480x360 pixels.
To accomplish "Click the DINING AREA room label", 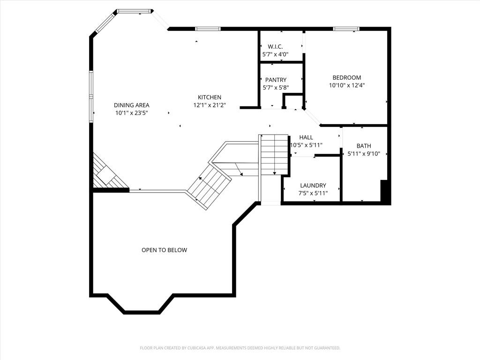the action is coord(132,105).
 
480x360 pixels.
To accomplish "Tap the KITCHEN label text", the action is coord(210,97).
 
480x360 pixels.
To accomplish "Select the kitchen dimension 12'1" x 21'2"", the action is coord(210,105).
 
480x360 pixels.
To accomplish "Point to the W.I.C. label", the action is coord(275,47).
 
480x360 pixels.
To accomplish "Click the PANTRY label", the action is coord(276,80).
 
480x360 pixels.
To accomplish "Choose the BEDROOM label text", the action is coord(347,77).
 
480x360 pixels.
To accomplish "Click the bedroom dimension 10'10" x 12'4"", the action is coord(347,85).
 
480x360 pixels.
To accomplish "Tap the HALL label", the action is coord(306,137).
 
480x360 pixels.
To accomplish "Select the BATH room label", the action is coord(364,146).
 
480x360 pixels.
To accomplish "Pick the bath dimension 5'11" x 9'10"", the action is coord(364,154).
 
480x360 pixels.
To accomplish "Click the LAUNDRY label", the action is coord(313,186).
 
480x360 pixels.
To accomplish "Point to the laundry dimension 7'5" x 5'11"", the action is coord(313,193).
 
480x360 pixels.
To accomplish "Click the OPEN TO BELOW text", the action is coord(164,250).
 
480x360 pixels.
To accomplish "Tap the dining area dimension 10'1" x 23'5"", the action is coord(132,113).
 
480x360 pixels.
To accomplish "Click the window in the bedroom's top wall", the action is coord(346,29).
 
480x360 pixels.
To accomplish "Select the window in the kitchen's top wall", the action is coord(208,29).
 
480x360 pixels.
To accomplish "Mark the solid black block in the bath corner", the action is coord(385,191).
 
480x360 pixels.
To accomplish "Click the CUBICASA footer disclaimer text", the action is coord(240,348).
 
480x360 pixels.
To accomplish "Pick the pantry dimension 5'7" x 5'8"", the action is coord(276,88).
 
